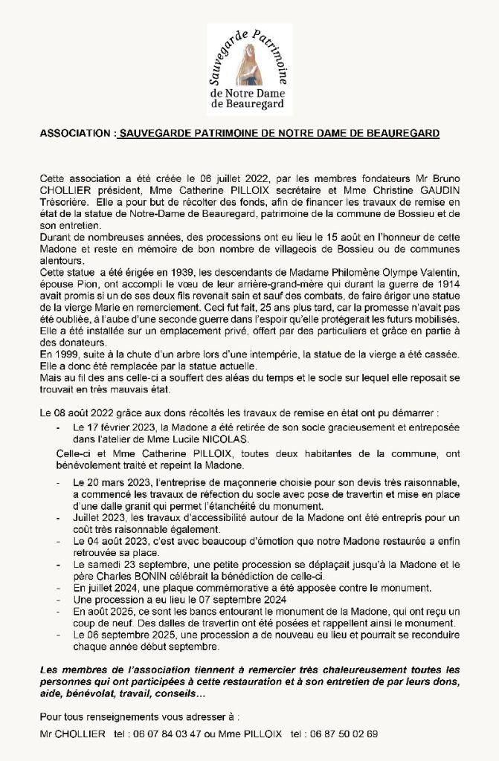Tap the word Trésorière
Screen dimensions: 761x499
[65, 201]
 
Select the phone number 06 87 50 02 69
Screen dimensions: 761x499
[343, 734]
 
